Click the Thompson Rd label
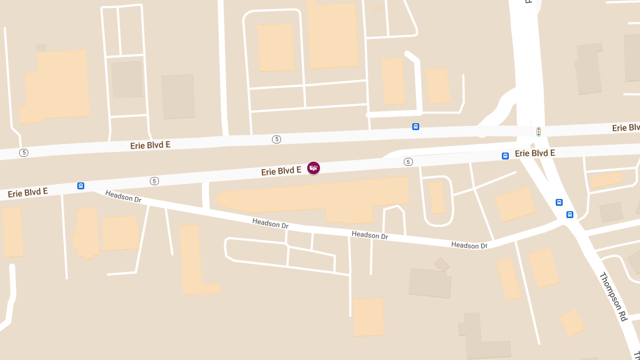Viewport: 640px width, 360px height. coord(613,297)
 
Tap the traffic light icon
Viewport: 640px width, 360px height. coord(539,131)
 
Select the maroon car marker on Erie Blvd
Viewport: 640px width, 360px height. coord(314,168)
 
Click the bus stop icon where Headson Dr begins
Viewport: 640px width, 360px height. coord(81,186)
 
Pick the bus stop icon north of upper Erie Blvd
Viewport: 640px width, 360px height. coord(415,126)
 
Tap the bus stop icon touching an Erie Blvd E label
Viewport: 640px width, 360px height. coord(505,156)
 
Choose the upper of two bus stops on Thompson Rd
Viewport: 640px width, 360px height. coord(559,202)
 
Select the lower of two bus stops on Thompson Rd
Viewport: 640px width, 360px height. coord(570,214)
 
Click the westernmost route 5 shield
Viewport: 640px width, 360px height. coord(23,153)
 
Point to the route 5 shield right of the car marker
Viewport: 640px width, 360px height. coord(408,162)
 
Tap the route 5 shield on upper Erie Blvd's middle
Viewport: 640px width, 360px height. coord(276,139)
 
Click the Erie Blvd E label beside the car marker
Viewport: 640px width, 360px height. coord(281,171)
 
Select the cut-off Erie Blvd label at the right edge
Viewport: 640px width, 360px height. coord(626,128)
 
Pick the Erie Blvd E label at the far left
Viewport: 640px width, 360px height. coord(28,192)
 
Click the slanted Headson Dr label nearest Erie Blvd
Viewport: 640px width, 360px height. coord(123,196)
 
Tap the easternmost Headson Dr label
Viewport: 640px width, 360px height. coord(469,245)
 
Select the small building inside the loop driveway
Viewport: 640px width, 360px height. coord(437,198)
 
